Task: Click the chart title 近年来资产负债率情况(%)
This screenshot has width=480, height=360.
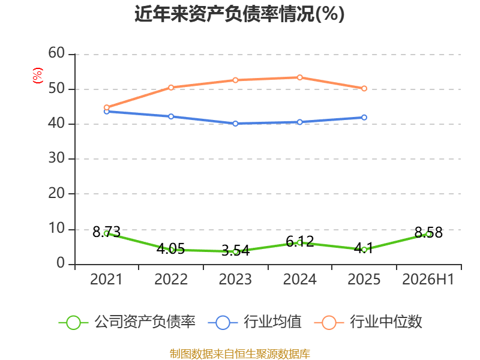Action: tap(239, 14)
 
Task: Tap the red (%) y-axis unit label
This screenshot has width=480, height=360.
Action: tap(38, 76)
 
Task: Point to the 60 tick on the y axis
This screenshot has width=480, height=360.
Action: tap(56, 53)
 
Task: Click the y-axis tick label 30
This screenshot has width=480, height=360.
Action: tap(56, 158)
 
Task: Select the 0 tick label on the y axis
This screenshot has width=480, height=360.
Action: tap(61, 263)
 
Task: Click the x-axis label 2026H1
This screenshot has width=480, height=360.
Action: tap(428, 279)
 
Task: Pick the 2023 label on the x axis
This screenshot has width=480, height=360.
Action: tap(235, 279)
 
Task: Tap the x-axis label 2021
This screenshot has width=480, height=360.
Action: tap(106, 279)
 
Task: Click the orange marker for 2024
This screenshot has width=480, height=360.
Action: tap(299, 77)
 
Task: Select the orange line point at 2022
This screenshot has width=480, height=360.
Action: tap(171, 88)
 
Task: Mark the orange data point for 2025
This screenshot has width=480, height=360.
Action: tap(364, 88)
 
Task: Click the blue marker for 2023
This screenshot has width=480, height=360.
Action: tap(235, 124)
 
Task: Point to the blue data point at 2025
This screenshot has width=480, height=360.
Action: tap(364, 118)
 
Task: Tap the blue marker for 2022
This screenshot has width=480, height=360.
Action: tap(171, 116)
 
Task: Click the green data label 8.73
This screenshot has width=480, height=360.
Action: tap(106, 232)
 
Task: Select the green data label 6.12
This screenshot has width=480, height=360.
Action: tap(299, 242)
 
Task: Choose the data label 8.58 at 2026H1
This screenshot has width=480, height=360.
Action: tap(428, 233)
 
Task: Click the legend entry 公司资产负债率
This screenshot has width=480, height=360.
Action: tap(127, 322)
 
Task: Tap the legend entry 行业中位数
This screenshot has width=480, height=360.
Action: tap(368, 322)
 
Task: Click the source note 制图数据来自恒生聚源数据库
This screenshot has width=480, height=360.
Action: tap(239, 354)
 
